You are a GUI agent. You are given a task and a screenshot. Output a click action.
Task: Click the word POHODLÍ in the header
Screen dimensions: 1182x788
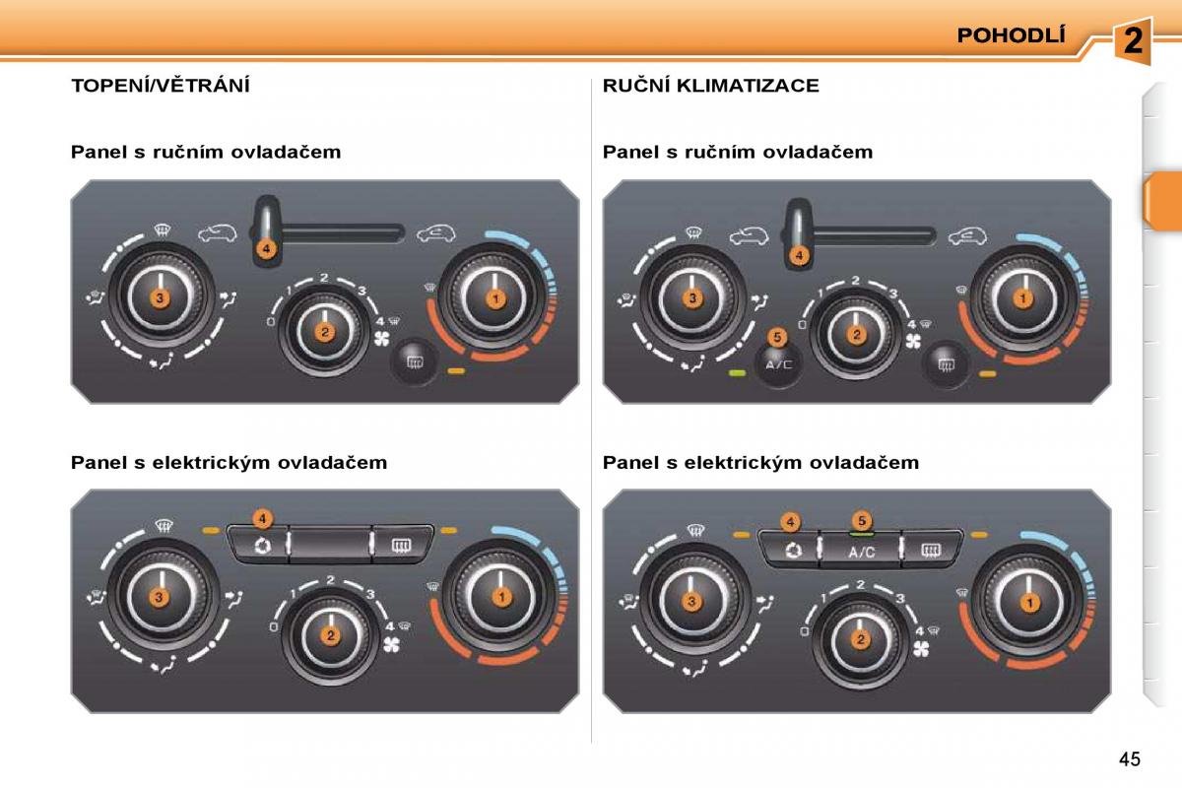click(x=1011, y=35)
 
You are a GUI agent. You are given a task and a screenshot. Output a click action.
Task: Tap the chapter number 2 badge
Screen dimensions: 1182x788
click(x=1133, y=40)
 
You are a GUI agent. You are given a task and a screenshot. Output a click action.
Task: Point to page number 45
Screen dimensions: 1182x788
click(x=1129, y=759)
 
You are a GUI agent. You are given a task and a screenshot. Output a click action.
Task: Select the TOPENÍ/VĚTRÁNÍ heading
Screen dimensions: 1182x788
click(x=161, y=85)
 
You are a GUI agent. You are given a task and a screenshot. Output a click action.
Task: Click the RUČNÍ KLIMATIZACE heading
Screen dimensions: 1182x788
click(x=711, y=86)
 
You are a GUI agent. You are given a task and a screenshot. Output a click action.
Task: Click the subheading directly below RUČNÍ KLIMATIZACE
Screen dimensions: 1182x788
click(x=738, y=152)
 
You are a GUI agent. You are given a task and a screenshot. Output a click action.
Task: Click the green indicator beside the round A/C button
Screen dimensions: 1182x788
click(x=737, y=373)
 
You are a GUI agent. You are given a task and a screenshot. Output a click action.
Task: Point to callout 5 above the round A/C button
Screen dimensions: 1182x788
click(x=777, y=337)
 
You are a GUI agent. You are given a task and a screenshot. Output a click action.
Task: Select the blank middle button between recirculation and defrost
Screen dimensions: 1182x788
click(x=330, y=544)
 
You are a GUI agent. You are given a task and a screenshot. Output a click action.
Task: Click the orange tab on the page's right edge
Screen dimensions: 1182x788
click(x=1163, y=201)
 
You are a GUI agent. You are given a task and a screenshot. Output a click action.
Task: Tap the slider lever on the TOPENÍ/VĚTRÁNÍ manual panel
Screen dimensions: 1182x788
click(x=267, y=230)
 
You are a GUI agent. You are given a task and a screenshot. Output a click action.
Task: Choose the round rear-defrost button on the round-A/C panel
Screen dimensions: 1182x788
click(x=947, y=364)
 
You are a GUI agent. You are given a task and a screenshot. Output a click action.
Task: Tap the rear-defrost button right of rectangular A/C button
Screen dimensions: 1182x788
click(x=930, y=550)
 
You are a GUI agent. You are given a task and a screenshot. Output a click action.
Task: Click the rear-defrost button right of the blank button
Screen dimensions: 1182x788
click(x=402, y=544)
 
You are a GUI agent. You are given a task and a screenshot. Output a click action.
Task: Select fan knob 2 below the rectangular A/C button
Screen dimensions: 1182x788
click(x=861, y=640)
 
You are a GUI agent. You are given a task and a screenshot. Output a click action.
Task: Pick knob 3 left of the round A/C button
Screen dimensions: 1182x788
click(x=692, y=298)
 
